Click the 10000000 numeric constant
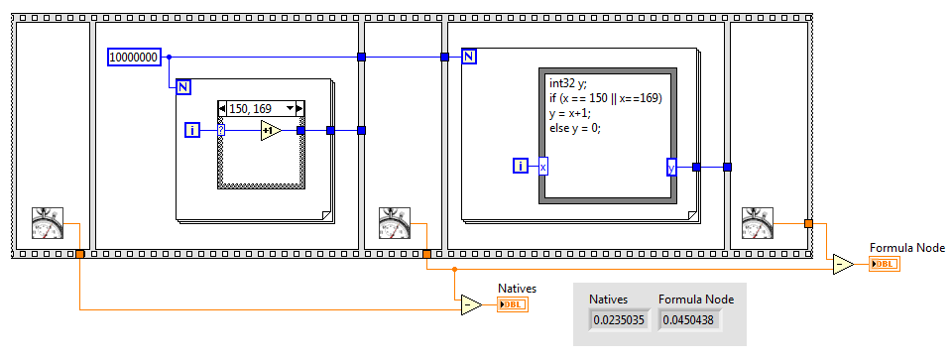(x=134, y=58)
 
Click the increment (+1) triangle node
(x=271, y=130)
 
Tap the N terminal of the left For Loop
(x=182, y=86)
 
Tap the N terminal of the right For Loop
(x=469, y=57)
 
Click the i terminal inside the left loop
(x=193, y=130)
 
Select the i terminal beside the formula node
(x=521, y=166)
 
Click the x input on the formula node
(x=543, y=167)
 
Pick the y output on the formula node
(x=671, y=167)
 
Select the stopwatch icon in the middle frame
(x=382, y=225)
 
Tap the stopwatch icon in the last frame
(x=759, y=225)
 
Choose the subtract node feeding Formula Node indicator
(x=843, y=264)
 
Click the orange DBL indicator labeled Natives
(x=513, y=304)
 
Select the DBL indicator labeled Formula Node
(x=884, y=264)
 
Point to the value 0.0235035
(x=620, y=319)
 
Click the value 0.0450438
(x=689, y=319)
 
